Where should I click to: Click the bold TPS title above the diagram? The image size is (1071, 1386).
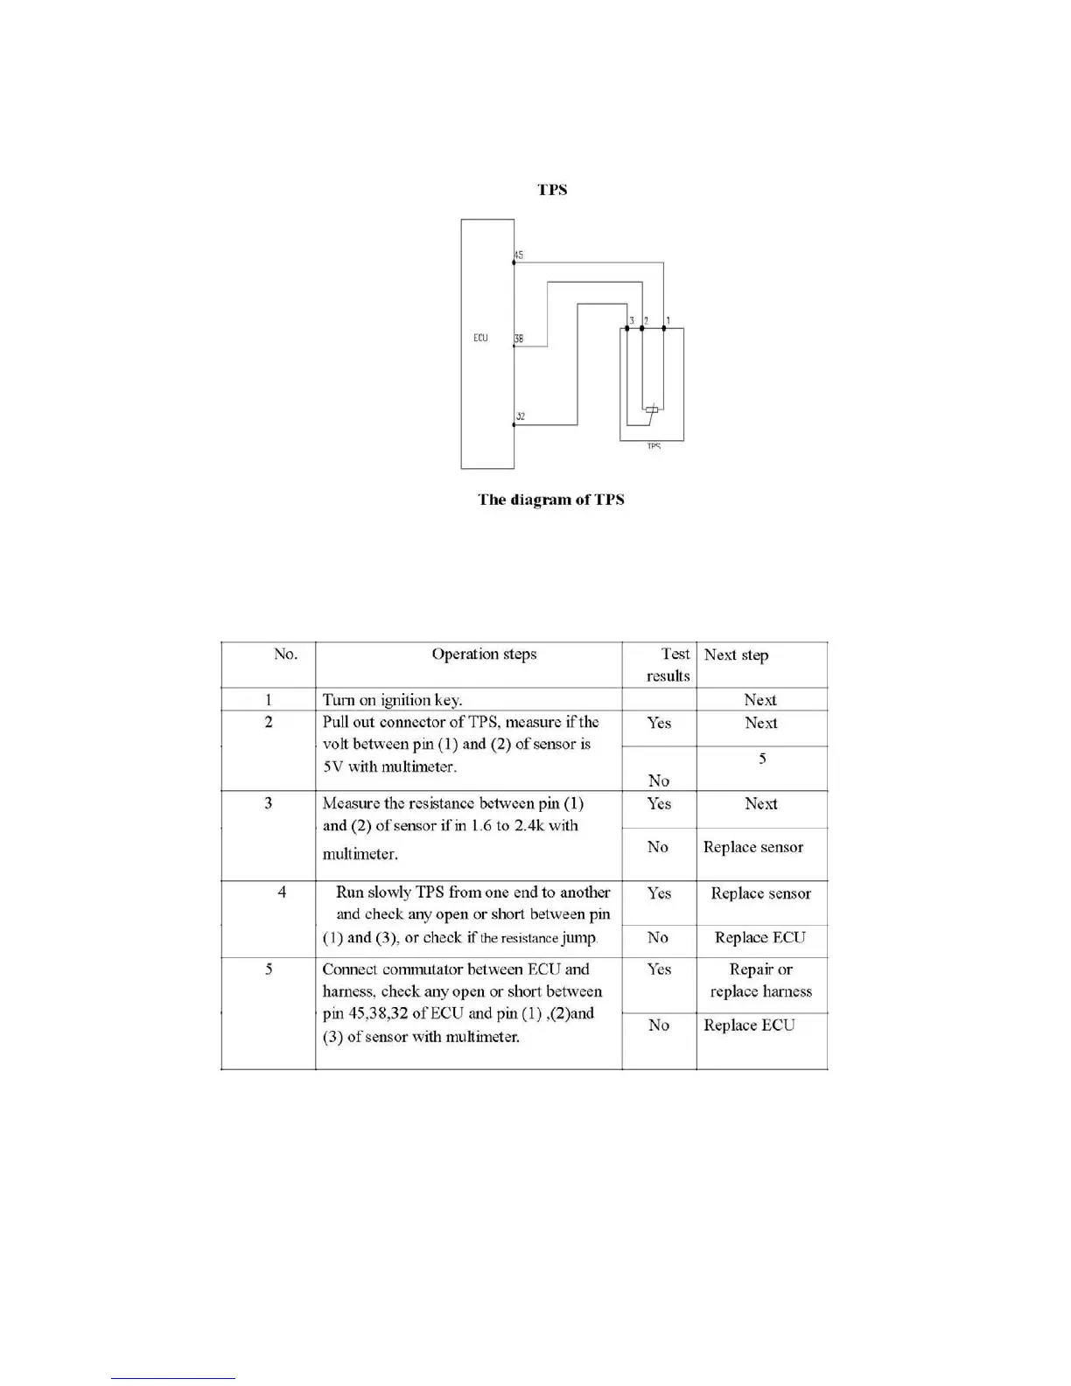point(552,190)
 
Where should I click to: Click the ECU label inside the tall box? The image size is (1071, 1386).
point(480,338)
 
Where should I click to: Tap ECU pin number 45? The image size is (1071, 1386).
point(519,255)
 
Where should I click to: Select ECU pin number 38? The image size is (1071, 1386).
point(519,339)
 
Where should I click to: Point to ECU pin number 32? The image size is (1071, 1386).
point(520,416)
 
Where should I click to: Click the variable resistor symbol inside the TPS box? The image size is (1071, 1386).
point(652,409)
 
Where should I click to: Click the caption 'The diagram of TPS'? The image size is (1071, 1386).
point(550,500)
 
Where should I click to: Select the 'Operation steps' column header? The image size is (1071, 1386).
point(484,654)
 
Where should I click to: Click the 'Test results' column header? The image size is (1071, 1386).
point(668,665)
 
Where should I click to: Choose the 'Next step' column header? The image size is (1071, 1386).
point(736,655)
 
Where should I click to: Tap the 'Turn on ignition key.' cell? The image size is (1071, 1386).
point(392,700)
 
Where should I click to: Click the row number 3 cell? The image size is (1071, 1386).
point(269,803)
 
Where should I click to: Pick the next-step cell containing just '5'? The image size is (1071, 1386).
point(762,759)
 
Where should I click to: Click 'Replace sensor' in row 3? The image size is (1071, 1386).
point(752,847)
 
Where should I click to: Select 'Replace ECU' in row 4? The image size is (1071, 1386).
point(759,938)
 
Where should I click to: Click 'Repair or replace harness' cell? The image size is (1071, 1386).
point(760,980)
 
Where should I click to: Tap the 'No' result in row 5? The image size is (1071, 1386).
point(659,1025)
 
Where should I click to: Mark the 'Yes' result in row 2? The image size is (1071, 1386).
point(659,723)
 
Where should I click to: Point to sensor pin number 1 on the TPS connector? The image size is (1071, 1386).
point(668,320)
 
